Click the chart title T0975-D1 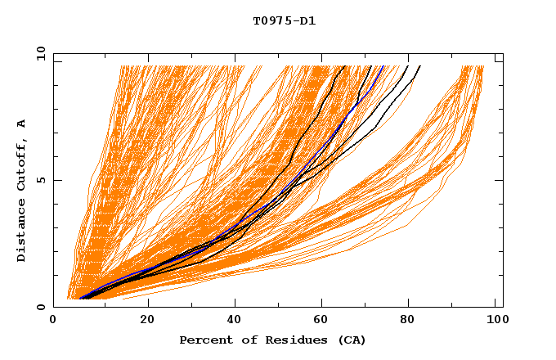click(x=284, y=20)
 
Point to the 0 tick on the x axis click(x=54, y=320)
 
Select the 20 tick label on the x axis click(x=147, y=320)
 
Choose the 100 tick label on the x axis click(x=494, y=320)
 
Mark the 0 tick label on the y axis click(x=41, y=307)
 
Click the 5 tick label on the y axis click(x=41, y=180)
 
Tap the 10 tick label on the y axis click(x=38, y=53)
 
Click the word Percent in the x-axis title click(x=203, y=340)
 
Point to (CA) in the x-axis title click(x=352, y=340)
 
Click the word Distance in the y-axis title click(x=22, y=232)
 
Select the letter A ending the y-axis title click(x=22, y=124)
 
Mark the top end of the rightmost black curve click(x=419, y=66)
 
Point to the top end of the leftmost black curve click(x=345, y=66)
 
